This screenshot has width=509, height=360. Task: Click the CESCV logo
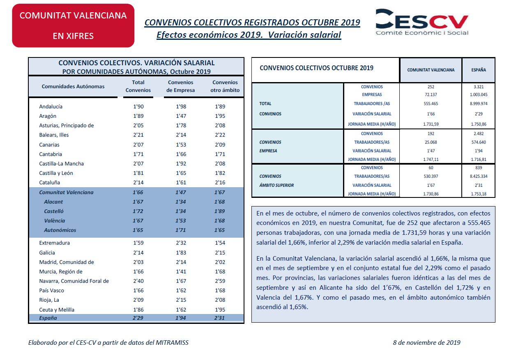[422, 22]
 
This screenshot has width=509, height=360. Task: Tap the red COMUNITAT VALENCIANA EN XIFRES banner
[73, 25]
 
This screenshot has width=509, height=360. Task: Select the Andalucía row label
[51, 106]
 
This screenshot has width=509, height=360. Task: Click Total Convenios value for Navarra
[138, 281]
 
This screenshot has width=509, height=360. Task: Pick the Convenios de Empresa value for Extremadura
[181, 243]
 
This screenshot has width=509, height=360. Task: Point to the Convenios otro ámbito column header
[225, 86]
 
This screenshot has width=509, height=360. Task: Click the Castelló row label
[54, 211]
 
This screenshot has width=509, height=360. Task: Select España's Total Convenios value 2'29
[138, 318]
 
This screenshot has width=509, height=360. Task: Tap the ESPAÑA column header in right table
[479, 70]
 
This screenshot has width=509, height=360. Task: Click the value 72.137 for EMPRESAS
[431, 95]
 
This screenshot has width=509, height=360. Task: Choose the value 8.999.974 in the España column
[479, 104]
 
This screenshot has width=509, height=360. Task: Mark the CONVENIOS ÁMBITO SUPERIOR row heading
[276, 181]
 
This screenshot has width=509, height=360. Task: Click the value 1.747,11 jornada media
[431, 160]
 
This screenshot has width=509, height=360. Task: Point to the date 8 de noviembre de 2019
[426, 342]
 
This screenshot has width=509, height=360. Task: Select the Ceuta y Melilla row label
[57, 310]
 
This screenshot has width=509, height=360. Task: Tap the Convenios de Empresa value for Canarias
[181, 145]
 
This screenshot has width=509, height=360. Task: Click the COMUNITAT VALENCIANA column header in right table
[431, 70]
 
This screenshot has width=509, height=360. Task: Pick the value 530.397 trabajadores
[431, 177]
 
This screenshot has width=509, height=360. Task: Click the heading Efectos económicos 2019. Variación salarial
[249, 35]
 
